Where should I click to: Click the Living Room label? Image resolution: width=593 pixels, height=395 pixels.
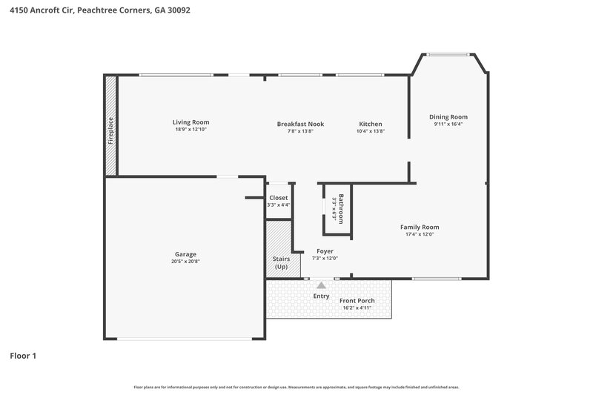pos(191,122)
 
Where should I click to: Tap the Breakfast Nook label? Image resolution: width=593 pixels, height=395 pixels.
pos(300,124)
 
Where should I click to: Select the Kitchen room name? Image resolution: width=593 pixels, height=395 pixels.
pos(371,124)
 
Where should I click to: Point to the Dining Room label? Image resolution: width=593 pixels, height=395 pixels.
pos(448,117)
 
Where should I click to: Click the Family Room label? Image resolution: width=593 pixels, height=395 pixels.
pos(420,227)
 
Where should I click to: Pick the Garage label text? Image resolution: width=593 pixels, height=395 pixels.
pos(185,254)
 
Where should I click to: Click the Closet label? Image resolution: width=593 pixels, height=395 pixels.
pos(279,198)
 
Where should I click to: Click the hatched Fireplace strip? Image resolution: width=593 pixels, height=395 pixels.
pos(110,126)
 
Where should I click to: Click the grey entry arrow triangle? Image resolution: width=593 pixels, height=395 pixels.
pos(321,285)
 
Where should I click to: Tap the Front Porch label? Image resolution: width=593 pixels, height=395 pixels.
pos(357,300)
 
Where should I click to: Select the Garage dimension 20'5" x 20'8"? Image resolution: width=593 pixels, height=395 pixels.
pos(185,261)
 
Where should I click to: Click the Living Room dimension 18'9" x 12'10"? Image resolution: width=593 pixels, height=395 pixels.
pos(191,130)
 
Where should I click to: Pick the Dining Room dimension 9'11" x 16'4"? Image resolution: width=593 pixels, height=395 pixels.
pos(448,125)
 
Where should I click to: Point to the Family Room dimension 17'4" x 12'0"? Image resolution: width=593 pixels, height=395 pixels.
pos(420,234)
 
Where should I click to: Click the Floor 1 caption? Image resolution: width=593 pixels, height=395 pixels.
pos(23,356)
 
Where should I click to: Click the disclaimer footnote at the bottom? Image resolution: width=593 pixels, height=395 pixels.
pos(296,387)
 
